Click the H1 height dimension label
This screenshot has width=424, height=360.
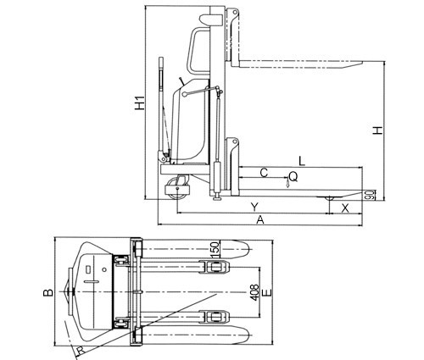139,103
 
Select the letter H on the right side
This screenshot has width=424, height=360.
377,130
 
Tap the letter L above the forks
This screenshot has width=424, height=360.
302,161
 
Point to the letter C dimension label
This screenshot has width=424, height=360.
264,172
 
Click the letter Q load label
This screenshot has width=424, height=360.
293,177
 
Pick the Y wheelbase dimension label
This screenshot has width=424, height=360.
254,207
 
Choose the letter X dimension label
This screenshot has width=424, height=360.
345,208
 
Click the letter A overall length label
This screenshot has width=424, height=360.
260,219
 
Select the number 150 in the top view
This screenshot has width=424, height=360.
215,249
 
